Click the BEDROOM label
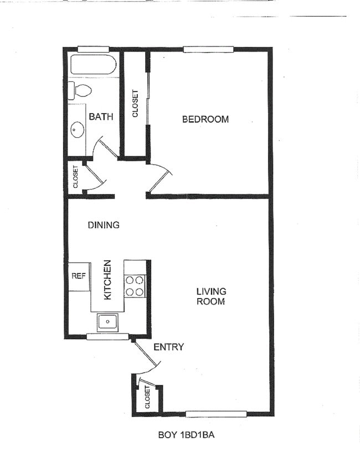[205, 119]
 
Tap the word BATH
[101, 116]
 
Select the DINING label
[104, 225]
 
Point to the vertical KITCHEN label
[107, 280]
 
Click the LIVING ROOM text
[211, 296]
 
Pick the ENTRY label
[168, 347]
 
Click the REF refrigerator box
[78, 275]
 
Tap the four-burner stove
[135, 286]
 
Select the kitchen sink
[107, 321]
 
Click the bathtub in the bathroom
[94, 65]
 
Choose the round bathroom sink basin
[77, 130]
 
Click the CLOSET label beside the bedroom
[135, 104]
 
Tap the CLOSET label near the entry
[147, 398]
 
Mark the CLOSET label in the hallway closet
[76, 177]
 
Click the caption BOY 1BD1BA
[186, 435]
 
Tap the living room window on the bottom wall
[216, 413]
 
